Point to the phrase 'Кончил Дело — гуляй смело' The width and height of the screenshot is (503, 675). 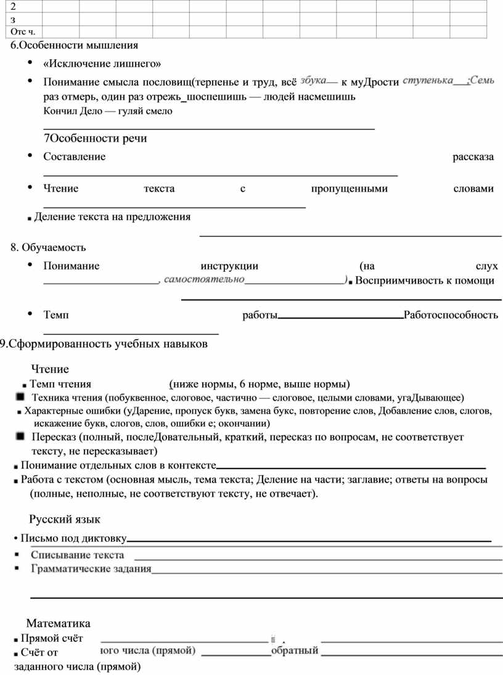pos(108,111)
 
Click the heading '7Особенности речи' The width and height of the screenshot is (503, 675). pos(95,138)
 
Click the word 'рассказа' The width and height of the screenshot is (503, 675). pos(473,157)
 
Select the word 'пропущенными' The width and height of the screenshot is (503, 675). pos(349,189)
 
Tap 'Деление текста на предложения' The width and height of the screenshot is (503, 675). pos(112,217)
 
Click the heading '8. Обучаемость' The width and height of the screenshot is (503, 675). pos(48,247)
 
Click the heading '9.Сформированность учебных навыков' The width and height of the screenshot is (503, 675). pos(104,344)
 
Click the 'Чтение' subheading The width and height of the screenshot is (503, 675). pos(50,369)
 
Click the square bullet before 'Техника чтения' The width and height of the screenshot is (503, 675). pos(20,396)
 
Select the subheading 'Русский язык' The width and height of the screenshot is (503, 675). pos(65,519)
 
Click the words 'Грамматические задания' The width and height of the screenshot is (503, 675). pos(91,568)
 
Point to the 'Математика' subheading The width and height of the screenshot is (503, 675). pos(58,623)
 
